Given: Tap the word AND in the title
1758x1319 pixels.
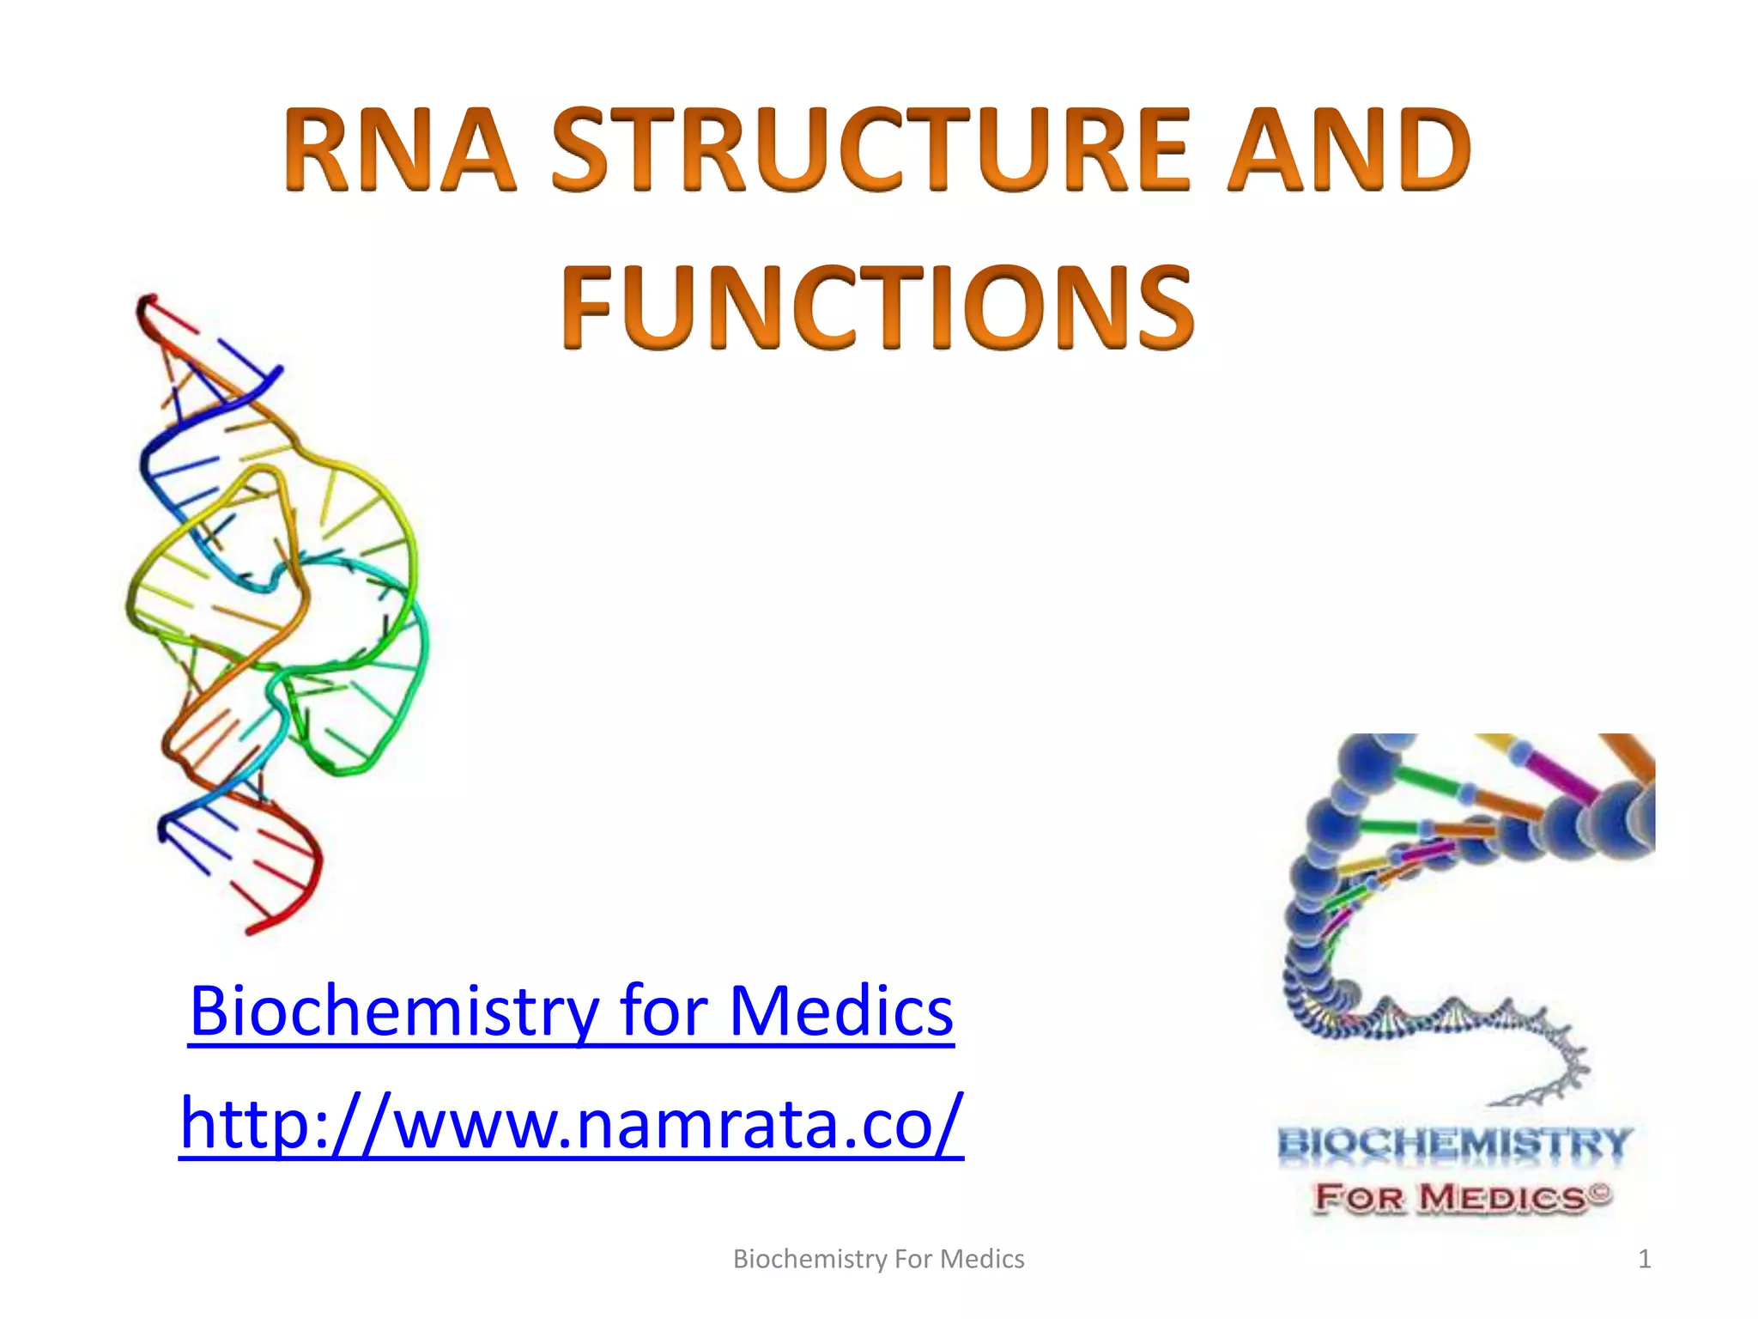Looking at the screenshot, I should click(x=1348, y=150).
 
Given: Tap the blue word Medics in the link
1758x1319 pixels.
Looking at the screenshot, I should click(x=840, y=1012).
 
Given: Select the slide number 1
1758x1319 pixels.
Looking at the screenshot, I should click(x=1644, y=1260).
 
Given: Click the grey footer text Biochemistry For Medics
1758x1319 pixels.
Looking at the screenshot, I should click(x=878, y=1260).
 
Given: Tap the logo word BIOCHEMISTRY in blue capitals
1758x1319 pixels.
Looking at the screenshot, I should click(x=1453, y=1144).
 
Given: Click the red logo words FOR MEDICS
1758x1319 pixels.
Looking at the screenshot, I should click(x=1451, y=1197).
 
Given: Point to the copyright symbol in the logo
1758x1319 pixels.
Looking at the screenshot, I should click(x=1602, y=1192).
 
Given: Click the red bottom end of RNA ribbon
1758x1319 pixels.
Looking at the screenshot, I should click(x=258, y=927).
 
